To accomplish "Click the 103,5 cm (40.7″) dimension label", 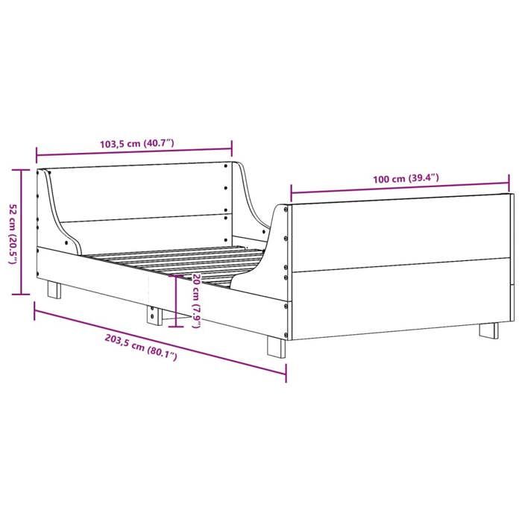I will tap(136, 144).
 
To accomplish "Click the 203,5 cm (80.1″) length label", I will tap(142, 348).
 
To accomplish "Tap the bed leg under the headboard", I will tap(54, 289).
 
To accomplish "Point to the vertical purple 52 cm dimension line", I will tap(22, 232).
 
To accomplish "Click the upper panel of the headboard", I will tap(142, 192).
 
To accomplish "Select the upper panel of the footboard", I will tap(399, 231).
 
